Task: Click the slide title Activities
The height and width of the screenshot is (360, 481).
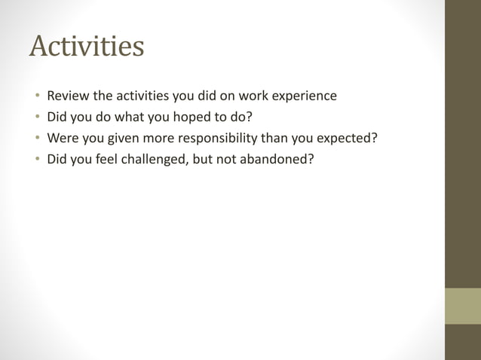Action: (x=87, y=47)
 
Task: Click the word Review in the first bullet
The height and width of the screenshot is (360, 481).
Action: (x=68, y=96)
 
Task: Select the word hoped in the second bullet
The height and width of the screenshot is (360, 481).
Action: (x=194, y=117)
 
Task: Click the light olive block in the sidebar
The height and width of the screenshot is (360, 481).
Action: (x=462, y=306)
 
